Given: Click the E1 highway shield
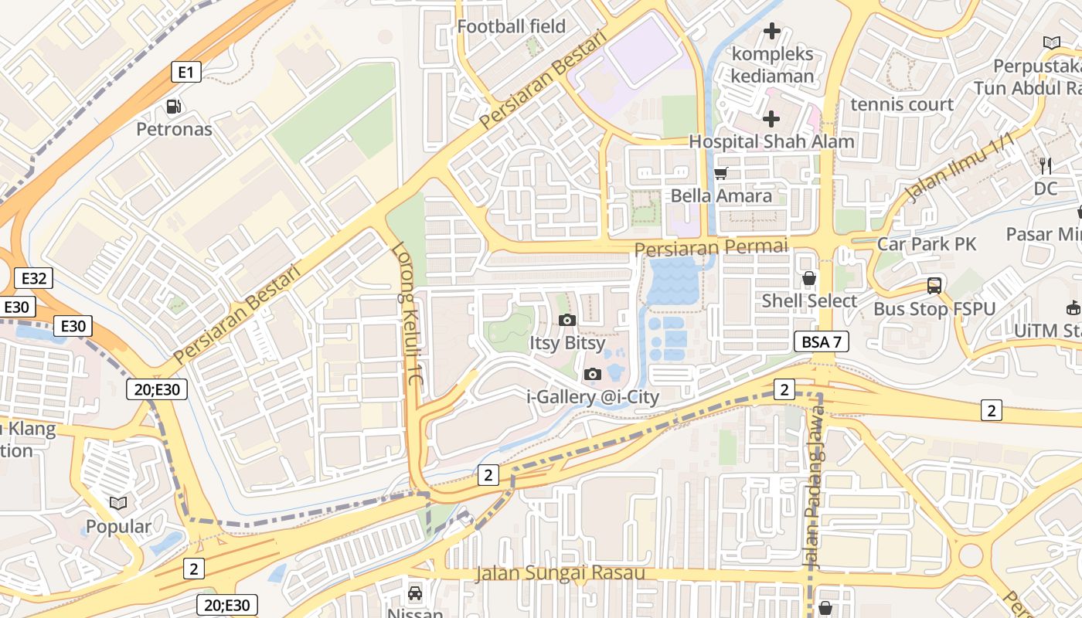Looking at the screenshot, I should pyautogui.click(x=185, y=73).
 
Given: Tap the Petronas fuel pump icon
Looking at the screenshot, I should pyautogui.click(x=175, y=107).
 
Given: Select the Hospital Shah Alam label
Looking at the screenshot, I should pyautogui.click(x=771, y=141).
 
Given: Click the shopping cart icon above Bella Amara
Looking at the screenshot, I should pyautogui.click(x=721, y=174).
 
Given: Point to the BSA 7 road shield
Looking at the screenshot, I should pyautogui.click(x=821, y=341).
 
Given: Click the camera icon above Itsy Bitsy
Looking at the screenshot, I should pyautogui.click(x=567, y=320).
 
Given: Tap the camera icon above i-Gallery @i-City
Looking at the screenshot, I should pyautogui.click(x=593, y=375).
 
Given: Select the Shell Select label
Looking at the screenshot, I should pyautogui.click(x=809, y=301).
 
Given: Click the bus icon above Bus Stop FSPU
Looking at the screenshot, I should pyautogui.click(x=934, y=286).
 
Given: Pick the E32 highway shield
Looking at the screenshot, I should pyautogui.click(x=32, y=278).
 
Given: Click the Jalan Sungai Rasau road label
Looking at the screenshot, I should pyautogui.click(x=560, y=573).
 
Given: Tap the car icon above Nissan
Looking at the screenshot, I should pyautogui.click(x=415, y=593).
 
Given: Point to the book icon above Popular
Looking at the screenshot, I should pyautogui.click(x=118, y=504).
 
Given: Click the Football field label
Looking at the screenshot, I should pyautogui.click(x=511, y=26).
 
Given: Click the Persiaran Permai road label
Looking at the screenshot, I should pyautogui.click(x=711, y=247).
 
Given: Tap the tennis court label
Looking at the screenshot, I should pyautogui.click(x=902, y=104).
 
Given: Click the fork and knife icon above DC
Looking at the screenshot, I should pyautogui.click(x=1046, y=165).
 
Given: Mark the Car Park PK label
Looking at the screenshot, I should pyautogui.click(x=927, y=244).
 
